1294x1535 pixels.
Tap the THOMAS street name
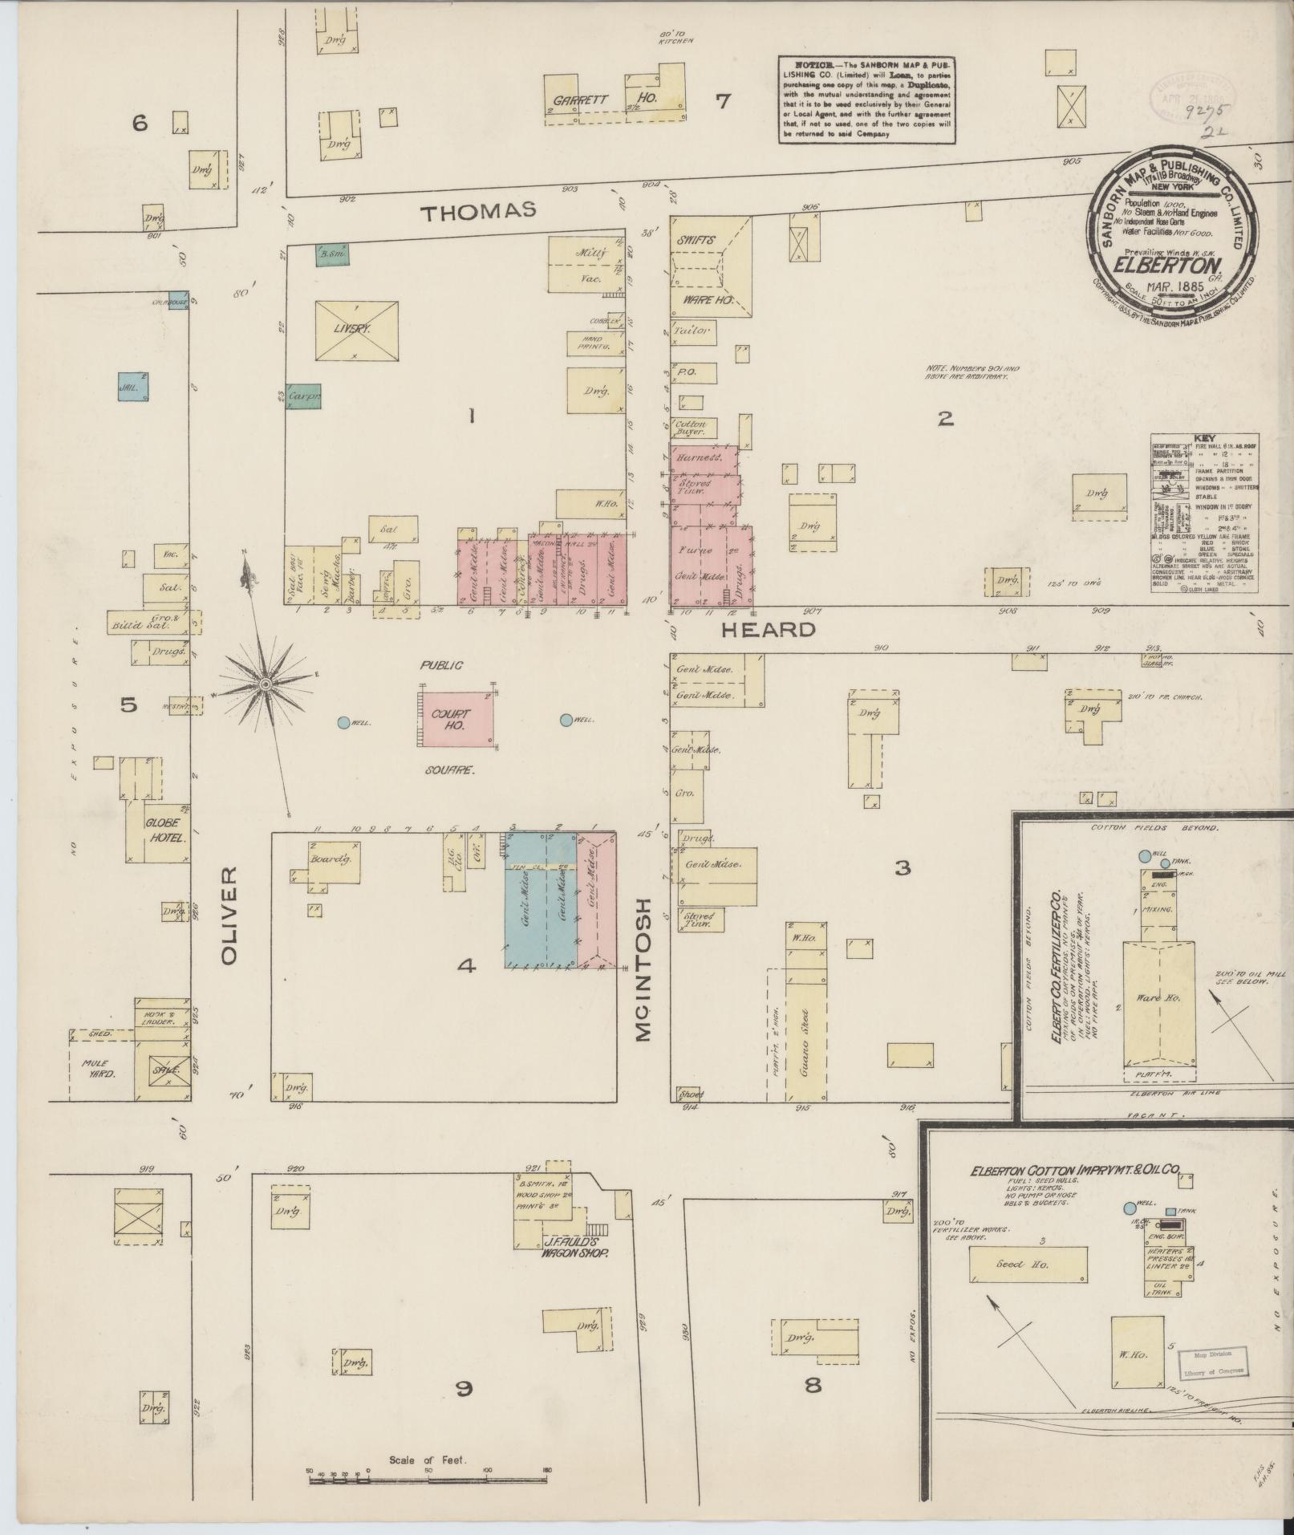[x=478, y=211]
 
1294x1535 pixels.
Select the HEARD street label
[x=768, y=630]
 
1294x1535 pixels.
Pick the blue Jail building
[x=132, y=387]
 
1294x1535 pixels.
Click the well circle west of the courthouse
[x=343, y=722]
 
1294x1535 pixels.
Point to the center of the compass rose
[x=265, y=684]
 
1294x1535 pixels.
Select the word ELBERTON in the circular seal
[x=1170, y=266]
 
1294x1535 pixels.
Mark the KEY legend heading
[x=1204, y=438]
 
